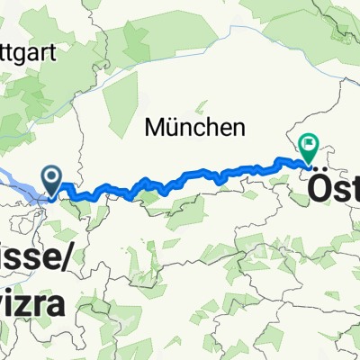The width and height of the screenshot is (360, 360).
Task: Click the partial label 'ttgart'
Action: pos(28,51)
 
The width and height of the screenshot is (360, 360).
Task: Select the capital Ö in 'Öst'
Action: pos(321,189)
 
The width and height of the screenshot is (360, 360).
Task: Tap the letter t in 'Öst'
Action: pos(355,190)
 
